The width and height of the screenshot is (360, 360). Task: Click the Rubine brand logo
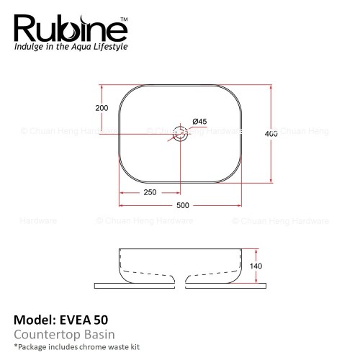pos(71,29)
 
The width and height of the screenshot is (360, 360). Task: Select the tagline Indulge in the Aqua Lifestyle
pos(71,47)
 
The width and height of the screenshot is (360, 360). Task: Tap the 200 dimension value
pos(102,108)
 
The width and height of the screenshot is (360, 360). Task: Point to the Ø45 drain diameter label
pos(199,122)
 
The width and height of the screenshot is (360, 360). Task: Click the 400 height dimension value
pos(271,134)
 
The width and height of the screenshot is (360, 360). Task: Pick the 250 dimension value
pos(150,192)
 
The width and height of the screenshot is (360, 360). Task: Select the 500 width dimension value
pos(183,205)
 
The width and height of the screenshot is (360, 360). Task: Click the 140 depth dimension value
pos(256,266)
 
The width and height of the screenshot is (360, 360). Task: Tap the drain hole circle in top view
pos(180,127)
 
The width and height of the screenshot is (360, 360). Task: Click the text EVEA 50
pos(84,320)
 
